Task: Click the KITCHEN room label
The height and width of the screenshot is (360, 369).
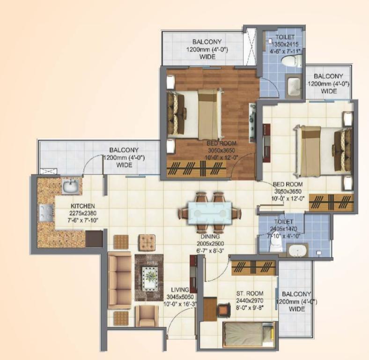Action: [82, 206]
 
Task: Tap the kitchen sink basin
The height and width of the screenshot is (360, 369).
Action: [71, 186]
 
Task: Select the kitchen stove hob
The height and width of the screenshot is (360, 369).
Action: [46, 213]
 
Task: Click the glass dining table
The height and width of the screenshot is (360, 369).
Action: [210, 213]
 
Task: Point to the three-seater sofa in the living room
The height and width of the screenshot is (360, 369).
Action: [119, 280]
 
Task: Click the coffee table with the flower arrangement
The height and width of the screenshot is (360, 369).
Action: [149, 277]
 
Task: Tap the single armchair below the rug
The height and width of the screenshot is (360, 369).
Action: [147, 316]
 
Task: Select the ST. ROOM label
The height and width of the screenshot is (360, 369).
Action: [250, 293]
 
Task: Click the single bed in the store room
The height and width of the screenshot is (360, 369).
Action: [249, 334]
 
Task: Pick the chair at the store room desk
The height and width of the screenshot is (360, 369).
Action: [223, 310]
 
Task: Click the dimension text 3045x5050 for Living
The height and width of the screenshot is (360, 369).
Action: [180, 297]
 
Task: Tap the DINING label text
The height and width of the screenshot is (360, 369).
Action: [210, 237]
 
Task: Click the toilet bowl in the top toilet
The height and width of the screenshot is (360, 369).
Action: [291, 61]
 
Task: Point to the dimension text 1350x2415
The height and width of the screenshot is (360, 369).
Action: [285, 44]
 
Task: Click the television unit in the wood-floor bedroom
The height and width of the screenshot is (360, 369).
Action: [252, 122]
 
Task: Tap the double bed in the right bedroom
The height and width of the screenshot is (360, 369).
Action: [323, 151]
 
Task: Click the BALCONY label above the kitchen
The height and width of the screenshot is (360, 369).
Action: [124, 150]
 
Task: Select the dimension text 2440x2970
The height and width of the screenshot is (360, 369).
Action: [250, 300]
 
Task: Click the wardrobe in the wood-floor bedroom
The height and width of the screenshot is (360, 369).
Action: [197, 169]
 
